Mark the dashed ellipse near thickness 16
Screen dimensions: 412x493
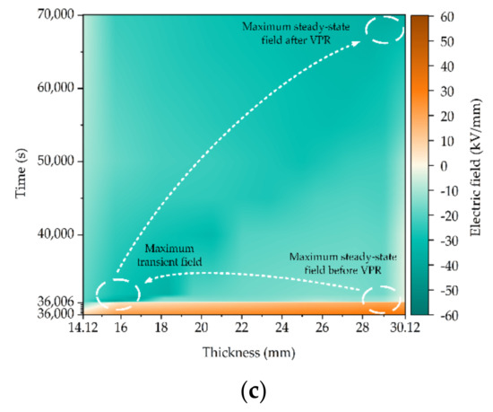118,292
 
